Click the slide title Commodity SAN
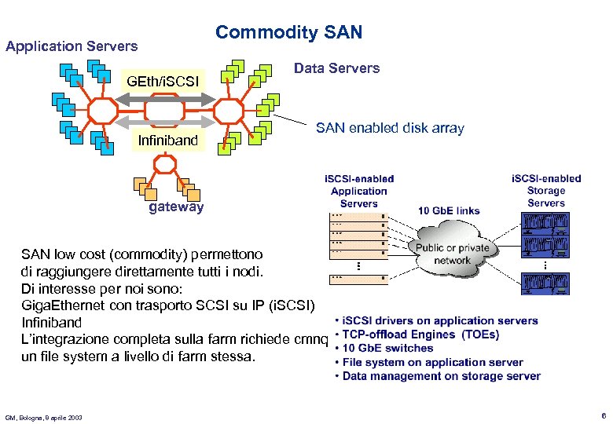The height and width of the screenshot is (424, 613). click(x=288, y=32)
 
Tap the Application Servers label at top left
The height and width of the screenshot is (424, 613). click(x=72, y=46)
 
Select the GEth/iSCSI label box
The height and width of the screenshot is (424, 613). click(x=163, y=81)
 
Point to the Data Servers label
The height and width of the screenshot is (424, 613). click(x=336, y=68)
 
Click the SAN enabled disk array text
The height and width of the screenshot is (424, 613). click(x=390, y=128)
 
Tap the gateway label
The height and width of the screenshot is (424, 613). click(x=176, y=207)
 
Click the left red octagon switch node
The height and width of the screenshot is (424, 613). click(x=103, y=111)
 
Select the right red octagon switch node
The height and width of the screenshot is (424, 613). click(x=229, y=111)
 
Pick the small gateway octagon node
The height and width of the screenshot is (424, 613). click(x=165, y=164)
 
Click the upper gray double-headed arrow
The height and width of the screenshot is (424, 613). click(x=165, y=100)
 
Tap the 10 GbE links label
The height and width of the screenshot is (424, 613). click(x=448, y=210)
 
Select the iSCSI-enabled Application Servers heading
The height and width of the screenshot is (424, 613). click(x=359, y=191)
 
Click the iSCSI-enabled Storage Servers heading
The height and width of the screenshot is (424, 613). click(x=546, y=191)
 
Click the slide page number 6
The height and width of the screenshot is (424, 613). click(x=602, y=415)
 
